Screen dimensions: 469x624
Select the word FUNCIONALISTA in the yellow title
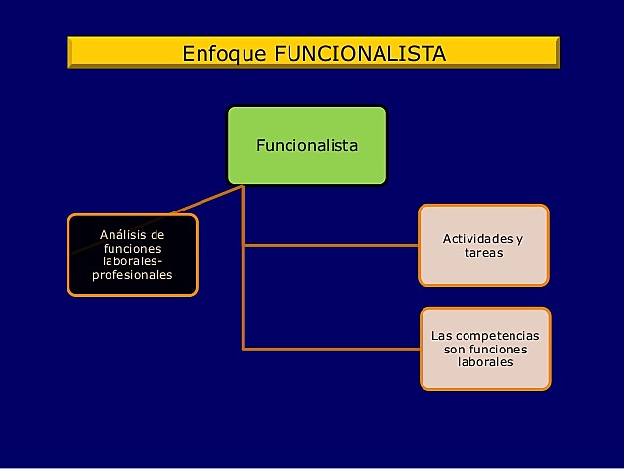pyautogui.click(x=359, y=52)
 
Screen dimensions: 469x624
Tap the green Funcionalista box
pyautogui.click(x=307, y=146)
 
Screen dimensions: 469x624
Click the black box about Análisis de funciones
pyautogui.click(x=132, y=255)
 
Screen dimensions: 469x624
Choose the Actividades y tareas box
pyautogui.click(x=483, y=245)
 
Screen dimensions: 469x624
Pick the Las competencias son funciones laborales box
pyautogui.click(x=485, y=349)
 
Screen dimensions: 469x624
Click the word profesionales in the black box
pyautogui.click(x=132, y=275)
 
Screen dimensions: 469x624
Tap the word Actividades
pyautogui.click(x=477, y=239)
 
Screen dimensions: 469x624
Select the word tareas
pyautogui.click(x=483, y=253)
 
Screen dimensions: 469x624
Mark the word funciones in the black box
pyautogui.click(x=132, y=249)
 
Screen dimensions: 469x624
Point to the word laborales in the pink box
pyautogui.click(x=485, y=362)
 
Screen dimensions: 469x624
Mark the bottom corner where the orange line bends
pyautogui.click(x=244, y=349)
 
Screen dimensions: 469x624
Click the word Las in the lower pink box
pyautogui.click(x=441, y=336)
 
